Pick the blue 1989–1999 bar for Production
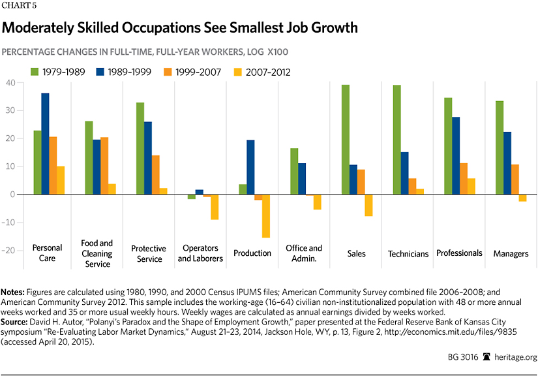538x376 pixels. [x=250, y=167]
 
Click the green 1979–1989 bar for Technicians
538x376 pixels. [x=397, y=140]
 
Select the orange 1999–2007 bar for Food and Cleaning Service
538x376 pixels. [x=104, y=166]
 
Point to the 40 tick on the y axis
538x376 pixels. [x=10, y=83]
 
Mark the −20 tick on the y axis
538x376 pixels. [x=8, y=250]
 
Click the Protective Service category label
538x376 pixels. [x=149, y=254]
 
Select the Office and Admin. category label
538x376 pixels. [x=304, y=253]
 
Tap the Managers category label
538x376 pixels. [x=511, y=253]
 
